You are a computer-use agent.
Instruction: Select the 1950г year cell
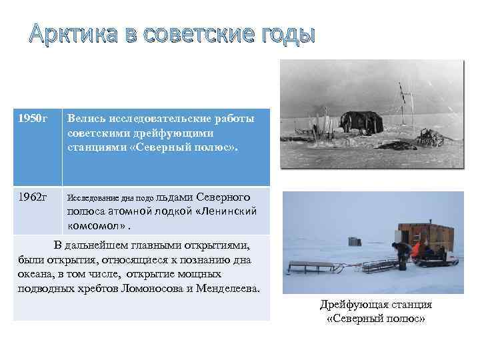(x=33, y=119)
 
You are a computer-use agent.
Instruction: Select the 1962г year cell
(x=33, y=197)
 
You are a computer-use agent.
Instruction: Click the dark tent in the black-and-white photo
(x=359, y=119)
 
